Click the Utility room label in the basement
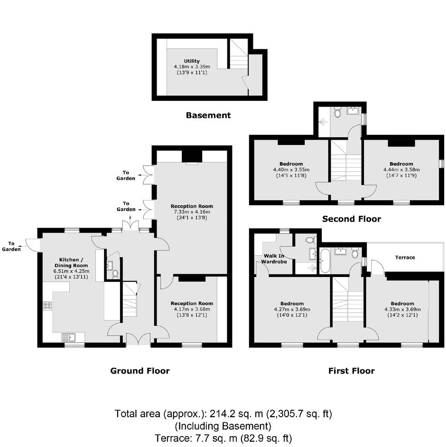point(192,61)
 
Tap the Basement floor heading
point(208,115)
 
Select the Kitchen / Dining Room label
point(71,262)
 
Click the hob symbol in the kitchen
point(47,306)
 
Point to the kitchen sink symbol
point(69,337)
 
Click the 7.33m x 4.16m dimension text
point(192,212)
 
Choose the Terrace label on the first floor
point(405,258)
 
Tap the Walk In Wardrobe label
point(274,259)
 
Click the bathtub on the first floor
point(325,260)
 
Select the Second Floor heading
point(352,219)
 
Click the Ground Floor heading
point(140,371)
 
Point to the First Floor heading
point(352,371)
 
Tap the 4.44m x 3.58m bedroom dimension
point(401,170)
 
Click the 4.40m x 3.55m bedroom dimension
point(291,170)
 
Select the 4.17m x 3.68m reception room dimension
point(192,309)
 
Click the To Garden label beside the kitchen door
point(11,246)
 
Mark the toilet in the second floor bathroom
point(337,112)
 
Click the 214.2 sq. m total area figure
point(236,414)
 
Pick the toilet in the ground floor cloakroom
point(115,274)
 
